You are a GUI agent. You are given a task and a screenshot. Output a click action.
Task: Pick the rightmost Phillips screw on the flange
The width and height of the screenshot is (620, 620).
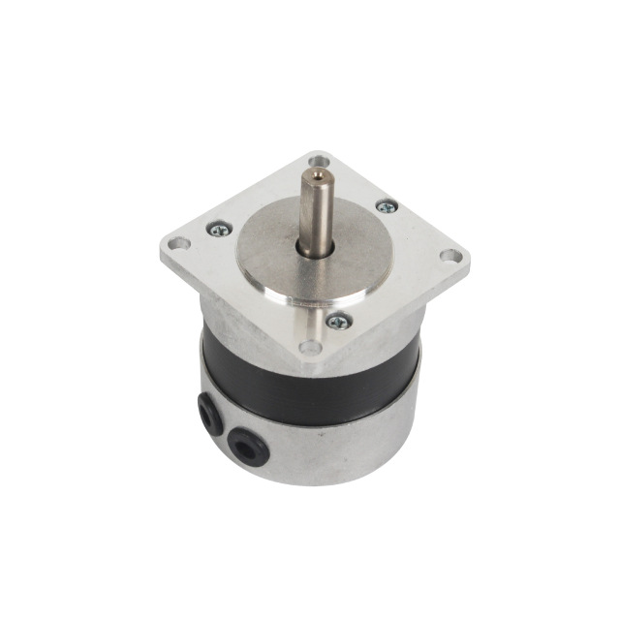click(x=386, y=205)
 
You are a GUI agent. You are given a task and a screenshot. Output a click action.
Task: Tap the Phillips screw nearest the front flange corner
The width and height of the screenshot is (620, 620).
click(x=337, y=322)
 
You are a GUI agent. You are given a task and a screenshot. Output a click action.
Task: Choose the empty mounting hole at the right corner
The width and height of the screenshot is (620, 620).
click(x=449, y=257)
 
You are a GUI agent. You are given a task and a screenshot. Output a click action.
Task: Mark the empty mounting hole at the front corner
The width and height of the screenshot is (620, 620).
click(x=309, y=346)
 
